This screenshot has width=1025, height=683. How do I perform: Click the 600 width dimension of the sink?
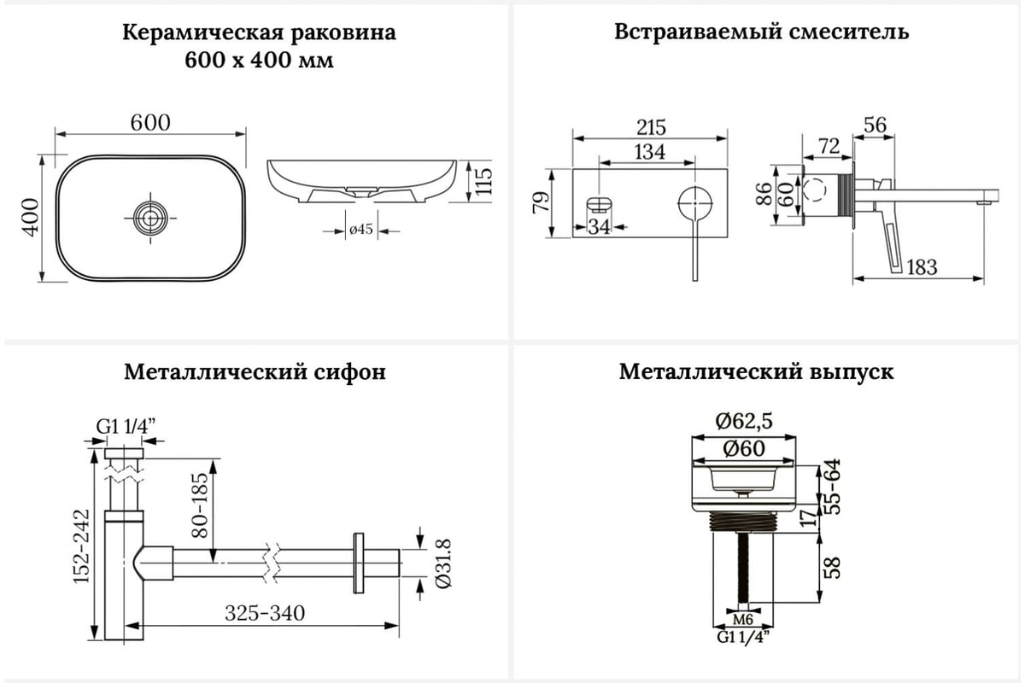coord(150,123)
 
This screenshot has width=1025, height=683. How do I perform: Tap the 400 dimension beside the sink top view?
coord(31,218)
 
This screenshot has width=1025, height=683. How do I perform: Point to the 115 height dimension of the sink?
coord(483,181)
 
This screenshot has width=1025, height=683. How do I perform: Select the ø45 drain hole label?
coord(361,229)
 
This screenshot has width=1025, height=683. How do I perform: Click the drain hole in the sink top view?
coord(150,219)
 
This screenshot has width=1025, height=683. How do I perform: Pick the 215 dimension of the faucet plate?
coord(651,127)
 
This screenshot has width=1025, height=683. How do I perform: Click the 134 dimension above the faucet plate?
coord(649,152)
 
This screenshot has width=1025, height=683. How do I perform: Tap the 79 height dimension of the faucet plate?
coord(541,202)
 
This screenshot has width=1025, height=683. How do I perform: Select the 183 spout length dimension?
coord(922,267)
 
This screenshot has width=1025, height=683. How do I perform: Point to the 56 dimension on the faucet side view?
coord(875,125)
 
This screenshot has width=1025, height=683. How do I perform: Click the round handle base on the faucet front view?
coord(695,203)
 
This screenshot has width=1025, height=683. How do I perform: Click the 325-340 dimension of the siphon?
coord(265,613)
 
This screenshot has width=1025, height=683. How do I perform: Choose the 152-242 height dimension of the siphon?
coord(82,546)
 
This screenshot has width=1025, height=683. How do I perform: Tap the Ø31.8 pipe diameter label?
coord(442,563)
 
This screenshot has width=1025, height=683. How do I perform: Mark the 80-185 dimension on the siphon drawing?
coord(200,505)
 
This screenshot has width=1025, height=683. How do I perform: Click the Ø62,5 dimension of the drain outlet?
coord(744,421)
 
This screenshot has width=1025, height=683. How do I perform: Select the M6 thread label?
coord(742,620)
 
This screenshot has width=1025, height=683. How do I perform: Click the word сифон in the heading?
coord(349,372)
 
